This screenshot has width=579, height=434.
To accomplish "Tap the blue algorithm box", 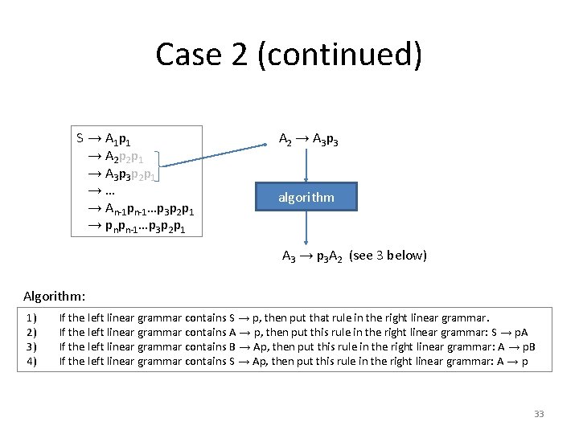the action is tap(306, 197).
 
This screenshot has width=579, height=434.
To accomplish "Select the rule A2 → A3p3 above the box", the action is tap(308, 140).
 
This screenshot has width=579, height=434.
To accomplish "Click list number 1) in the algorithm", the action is tap(31, 318).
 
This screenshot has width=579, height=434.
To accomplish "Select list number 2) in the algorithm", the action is tap(31, 333).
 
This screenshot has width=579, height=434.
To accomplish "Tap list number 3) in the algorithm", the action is tap(31, 347).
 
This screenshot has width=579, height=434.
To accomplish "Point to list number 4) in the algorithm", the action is tap(31, 362).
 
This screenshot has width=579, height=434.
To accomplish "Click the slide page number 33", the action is tap(539, 414).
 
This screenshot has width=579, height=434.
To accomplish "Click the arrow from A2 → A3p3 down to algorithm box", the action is tap(306, 166).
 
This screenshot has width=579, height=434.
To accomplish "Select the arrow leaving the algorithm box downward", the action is tap(306, 228).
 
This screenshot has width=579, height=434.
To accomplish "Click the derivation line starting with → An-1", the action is tap(140, 209).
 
